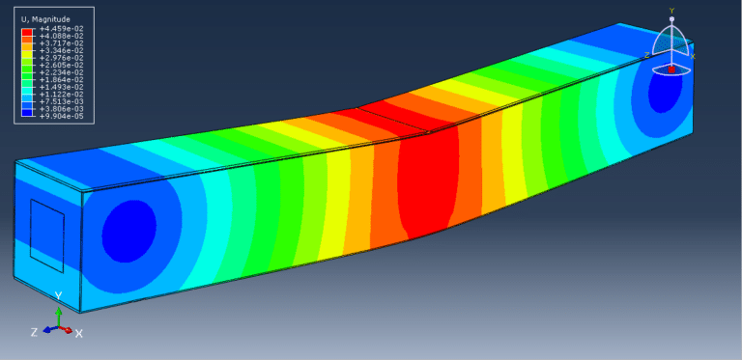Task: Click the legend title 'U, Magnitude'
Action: (46, 19)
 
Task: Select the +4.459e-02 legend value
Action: (62, 28)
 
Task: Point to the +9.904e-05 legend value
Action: (62, 116)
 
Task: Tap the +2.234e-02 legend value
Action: (62, 72)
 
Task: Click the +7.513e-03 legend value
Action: (62, 101)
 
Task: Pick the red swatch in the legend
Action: (27, 32)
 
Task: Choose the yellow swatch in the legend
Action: (27, 54)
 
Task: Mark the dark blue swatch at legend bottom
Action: (27, 113)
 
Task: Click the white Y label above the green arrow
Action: (58, 296)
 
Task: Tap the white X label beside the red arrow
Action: (79, 334)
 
